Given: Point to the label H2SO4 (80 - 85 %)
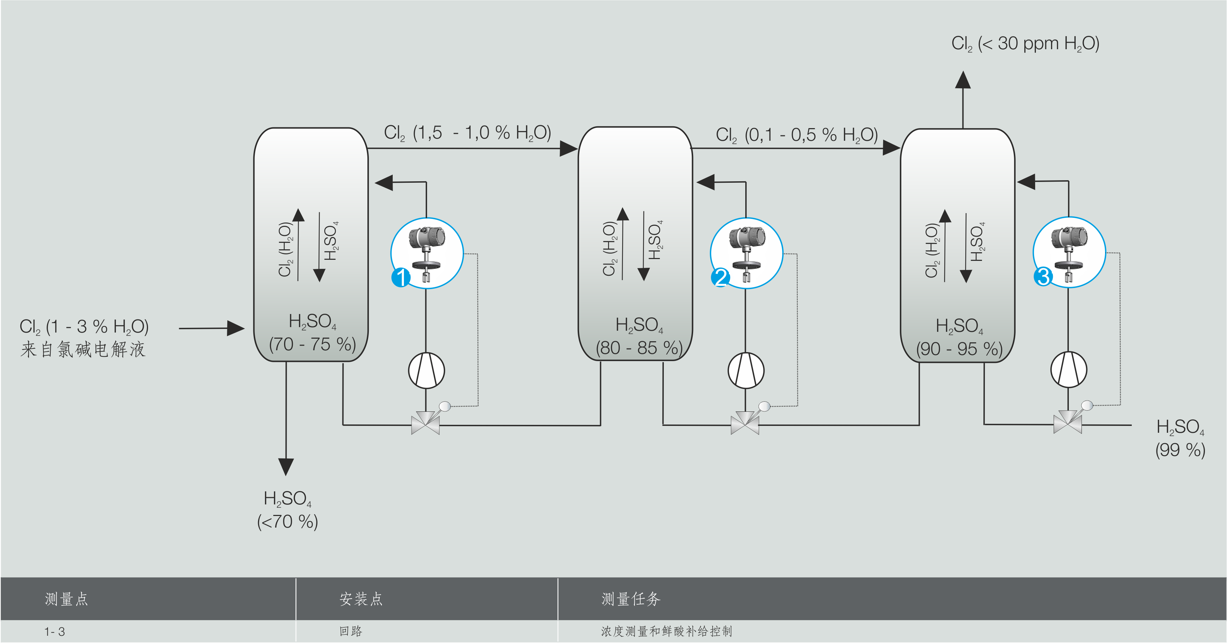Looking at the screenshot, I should (x=639, y=336).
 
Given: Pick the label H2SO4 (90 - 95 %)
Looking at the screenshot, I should (x=959, y=337).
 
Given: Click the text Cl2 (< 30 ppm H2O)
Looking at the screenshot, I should (x=1025, y=44).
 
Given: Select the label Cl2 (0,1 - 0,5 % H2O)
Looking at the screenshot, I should (x=796, y=135).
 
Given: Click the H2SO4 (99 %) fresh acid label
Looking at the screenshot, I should (x=1180, y=438).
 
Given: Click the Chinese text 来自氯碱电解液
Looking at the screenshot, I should (x=83, y=350).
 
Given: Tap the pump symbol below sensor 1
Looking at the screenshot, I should (x=426, y=371).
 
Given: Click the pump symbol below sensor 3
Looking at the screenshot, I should (x=1068, y=369).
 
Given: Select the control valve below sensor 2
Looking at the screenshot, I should (x=745, y=423).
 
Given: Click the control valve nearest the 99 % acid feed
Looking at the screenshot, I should (x=1067, y=422).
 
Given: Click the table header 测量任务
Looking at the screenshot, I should (x=631, y=599).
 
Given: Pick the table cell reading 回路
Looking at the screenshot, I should (x=351, y=631).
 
